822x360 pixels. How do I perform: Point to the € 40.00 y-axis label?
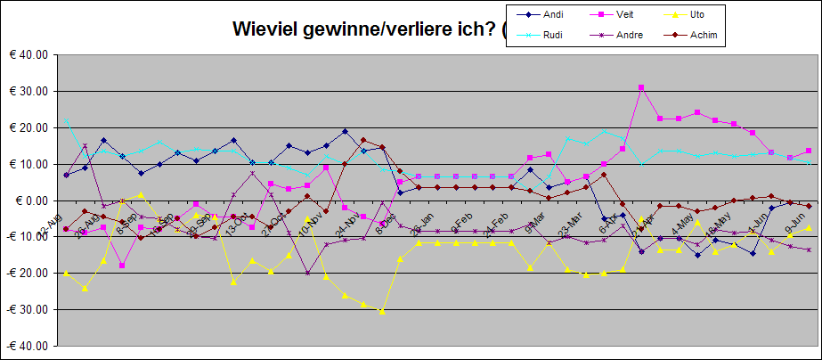point(28,54)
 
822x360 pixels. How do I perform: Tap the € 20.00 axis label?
point(28,127)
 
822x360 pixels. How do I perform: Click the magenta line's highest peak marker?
point(641,87)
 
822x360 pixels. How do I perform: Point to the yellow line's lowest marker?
point(382,312)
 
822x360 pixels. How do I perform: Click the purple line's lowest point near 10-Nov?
point(308,273)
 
